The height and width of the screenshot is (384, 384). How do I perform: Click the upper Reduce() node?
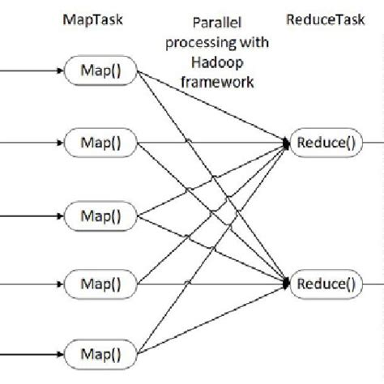click(326, 143)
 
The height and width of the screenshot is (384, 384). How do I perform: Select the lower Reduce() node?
click(326, 285)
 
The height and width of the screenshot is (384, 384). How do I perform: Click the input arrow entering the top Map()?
click(32, 71)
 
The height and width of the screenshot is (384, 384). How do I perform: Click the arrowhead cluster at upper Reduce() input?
click(286, 143)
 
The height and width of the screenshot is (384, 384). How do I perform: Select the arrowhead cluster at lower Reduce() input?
click(286, 284)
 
